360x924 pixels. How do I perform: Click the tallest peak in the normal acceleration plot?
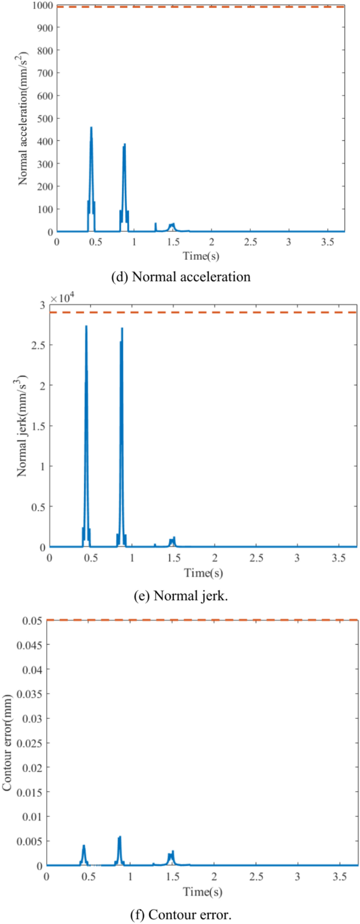[x=91, y=128]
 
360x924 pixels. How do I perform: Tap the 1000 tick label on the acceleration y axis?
[x=43, y=5]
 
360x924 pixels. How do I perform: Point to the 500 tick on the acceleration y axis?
[x=45, y=118]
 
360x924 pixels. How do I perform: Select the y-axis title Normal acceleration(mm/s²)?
[x=24, y=119]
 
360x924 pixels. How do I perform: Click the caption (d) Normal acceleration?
[x=181, y=276]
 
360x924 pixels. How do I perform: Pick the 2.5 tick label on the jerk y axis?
[x=38, y=345]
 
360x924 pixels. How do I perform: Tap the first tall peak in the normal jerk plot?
[x=86, y=327]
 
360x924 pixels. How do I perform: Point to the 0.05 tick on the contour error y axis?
[x=33, y=620]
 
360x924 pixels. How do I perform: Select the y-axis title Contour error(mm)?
[x=7, y=743]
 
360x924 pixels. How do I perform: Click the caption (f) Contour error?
[x=180, y=915]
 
